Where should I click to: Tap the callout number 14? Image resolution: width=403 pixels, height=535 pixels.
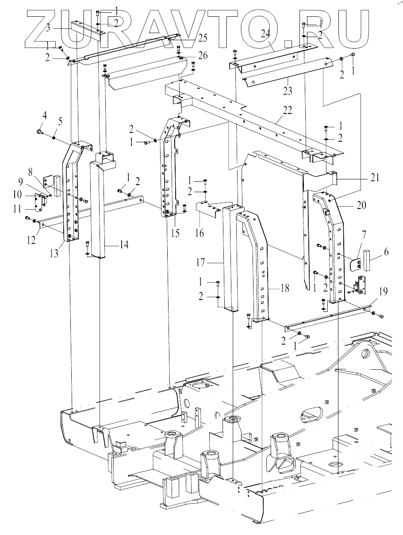click(x=124, y=244)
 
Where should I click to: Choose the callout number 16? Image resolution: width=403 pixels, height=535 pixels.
click(x=200, y=233)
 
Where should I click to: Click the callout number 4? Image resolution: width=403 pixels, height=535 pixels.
click(x=44, y=117)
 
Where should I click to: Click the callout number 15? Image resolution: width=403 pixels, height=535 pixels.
click(x=176, y=233)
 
